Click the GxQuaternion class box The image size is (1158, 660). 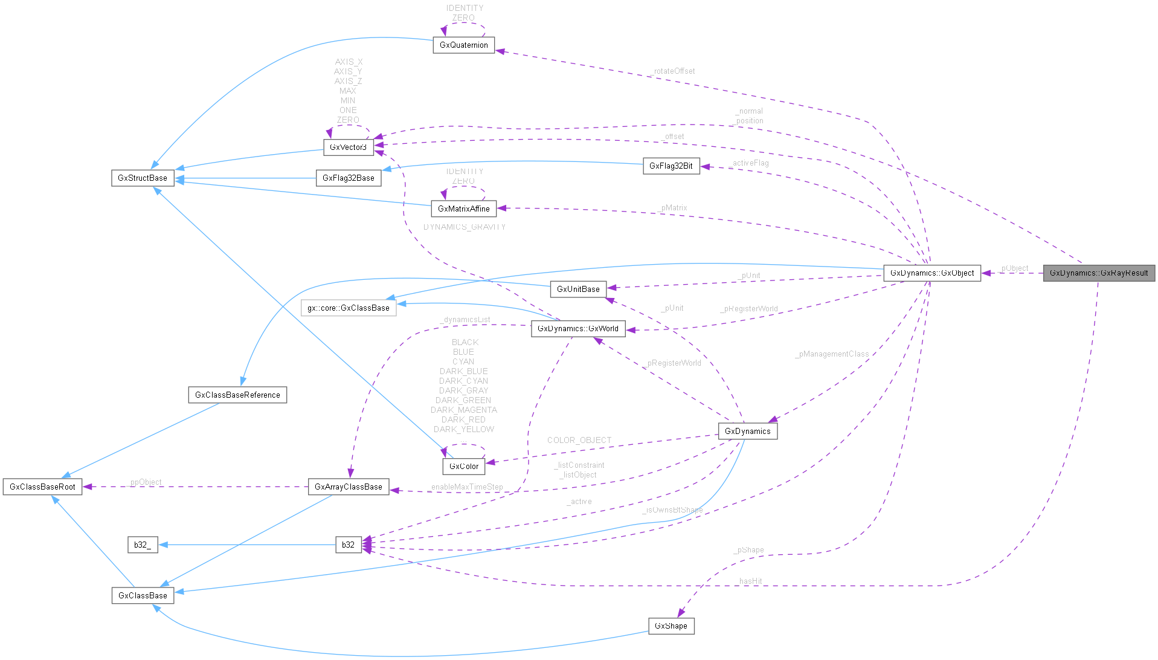point(463,45)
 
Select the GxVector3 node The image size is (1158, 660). point(348,147)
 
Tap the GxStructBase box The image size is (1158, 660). point(143,178)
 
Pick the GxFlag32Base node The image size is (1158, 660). point(349,178)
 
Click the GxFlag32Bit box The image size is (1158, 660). point(671,166)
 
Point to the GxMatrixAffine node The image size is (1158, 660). point(463,209)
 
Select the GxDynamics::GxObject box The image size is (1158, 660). point(931,273)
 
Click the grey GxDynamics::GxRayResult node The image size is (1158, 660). point(1098,273)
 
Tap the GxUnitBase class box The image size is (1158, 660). point(578,289)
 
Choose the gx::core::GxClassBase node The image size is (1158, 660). point(349,308)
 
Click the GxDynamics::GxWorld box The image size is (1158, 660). point(578,329)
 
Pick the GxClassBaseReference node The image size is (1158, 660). point(237,395)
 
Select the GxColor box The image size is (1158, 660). point(464,466)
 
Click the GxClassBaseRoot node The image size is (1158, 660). point(42,487)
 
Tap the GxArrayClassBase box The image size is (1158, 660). point(349,487)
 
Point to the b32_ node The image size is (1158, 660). point(143,545)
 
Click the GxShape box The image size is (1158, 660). point(671,626)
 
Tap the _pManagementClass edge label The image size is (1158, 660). point(832,354)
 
